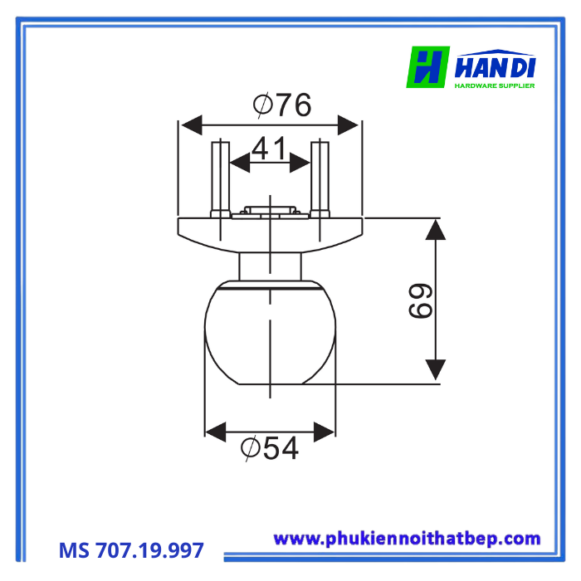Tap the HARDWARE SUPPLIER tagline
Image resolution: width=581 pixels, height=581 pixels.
[495, 85]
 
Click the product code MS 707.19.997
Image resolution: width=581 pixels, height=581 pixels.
[131, 550]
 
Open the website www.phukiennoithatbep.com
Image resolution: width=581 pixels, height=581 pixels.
[407, 539]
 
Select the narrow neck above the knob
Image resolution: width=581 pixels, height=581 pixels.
[270, 267]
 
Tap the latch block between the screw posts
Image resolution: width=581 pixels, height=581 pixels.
[270, 211]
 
